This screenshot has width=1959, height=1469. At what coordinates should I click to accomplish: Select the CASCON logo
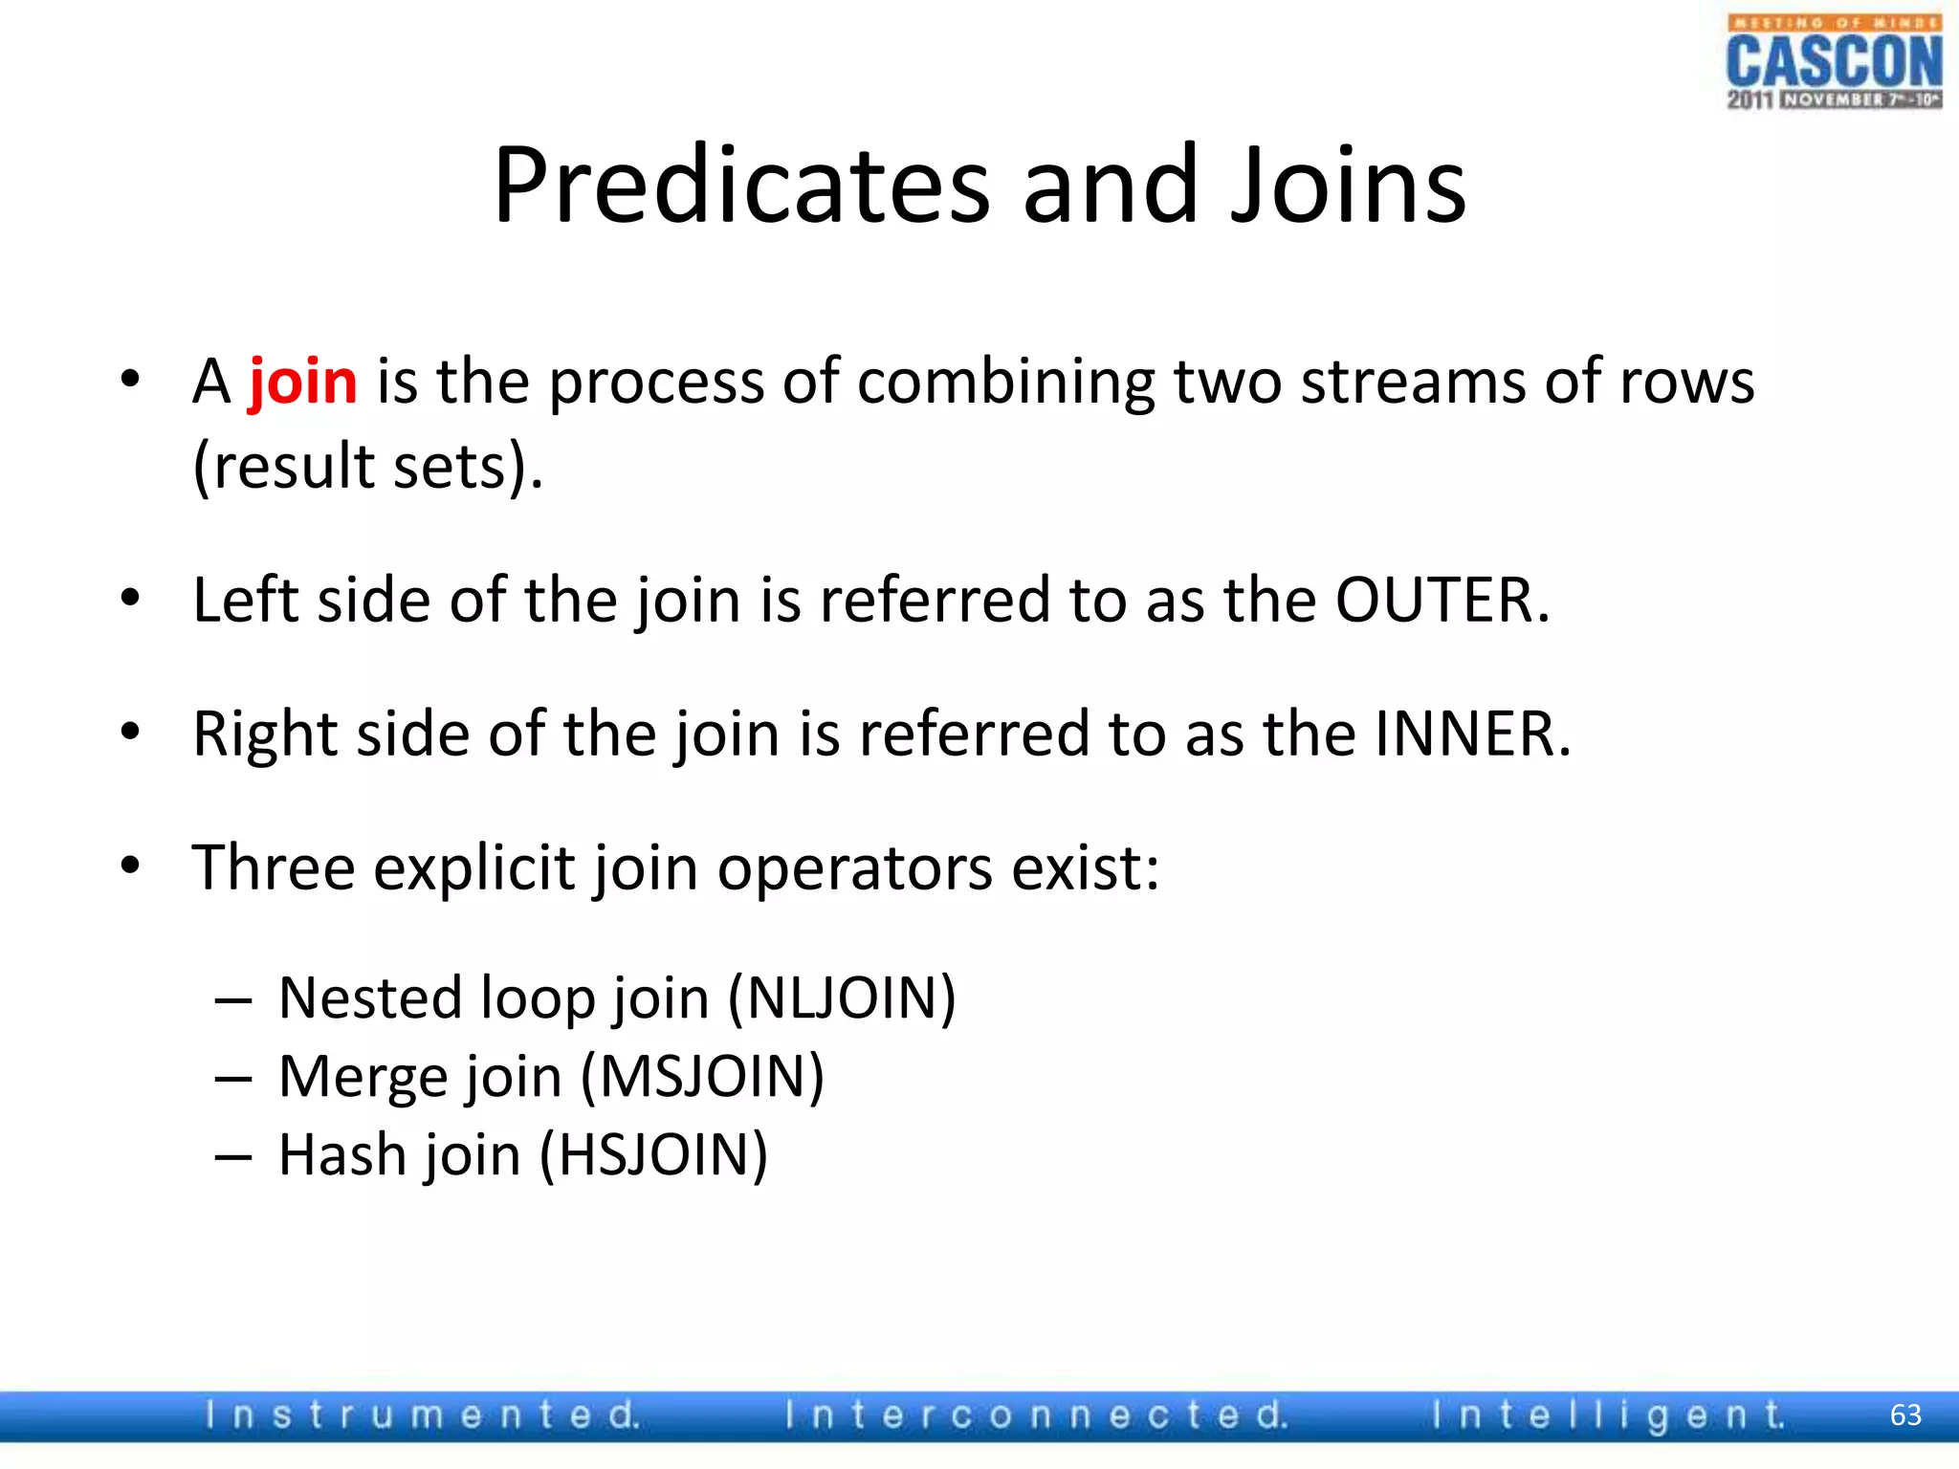coord(1834,63)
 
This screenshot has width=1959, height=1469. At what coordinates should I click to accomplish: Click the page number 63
coord(1905,1415)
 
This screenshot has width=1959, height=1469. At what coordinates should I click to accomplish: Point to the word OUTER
coord(1441,602)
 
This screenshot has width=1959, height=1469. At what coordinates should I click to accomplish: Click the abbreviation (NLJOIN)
coord(842,999)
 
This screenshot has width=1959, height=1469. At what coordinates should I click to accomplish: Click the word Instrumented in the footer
coord(422,1415)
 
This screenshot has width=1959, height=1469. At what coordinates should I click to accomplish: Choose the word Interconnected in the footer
coord(1036,1415)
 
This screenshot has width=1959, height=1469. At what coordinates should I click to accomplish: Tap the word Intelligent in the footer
coord(1607,1415)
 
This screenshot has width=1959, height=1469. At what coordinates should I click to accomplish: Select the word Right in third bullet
coord(265,735)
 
